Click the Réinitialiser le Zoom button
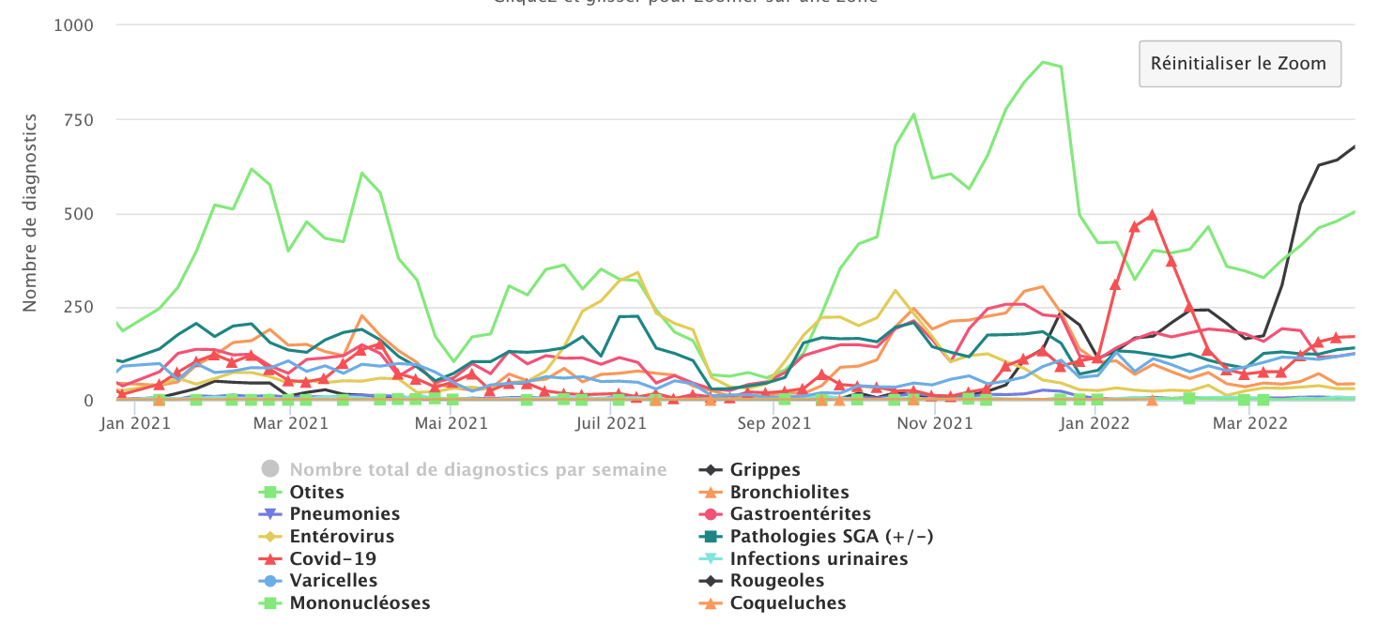coord(1239,64)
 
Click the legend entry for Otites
coord(316,493)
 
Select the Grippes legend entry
coord(765,470)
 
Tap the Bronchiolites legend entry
coord(789,493)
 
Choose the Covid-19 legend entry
coord(333,559)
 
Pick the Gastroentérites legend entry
coord(800,514)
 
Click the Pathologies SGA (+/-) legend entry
coord(832,537)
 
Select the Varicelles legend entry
coord(333,581)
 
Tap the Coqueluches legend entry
coord(788,603)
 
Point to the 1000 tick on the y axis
coord(74,25)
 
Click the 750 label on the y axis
coord(79,119)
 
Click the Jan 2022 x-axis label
coord(1088,423)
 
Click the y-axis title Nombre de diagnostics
coord(30,212)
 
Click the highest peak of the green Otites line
coord(1043,62)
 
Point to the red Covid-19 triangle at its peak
coord(1152,215)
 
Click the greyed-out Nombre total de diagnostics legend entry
coord(478,470)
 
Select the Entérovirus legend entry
coord(342,537)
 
